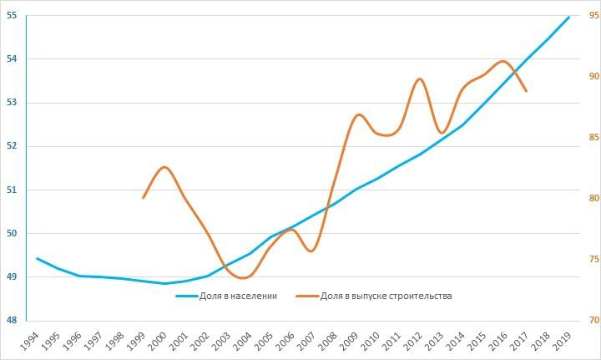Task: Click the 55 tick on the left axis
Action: pyautogui.click(x=12, y=16)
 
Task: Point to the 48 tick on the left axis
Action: pyautogui.click(x=12, y=320)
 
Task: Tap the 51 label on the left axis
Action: pyautogui.click(x=12, y=190)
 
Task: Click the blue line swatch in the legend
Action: pyautogui.click(x=189, y=296)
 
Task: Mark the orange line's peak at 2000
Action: pyautogui.click(x=164, y=167)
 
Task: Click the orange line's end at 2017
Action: pyautogui.click(x=527, y=91)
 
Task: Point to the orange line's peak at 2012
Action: pyautogui.click(x=420, y=79)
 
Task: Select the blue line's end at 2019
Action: pyautogui.click(x=569, y=17)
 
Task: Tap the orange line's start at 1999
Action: pyautogui.click(x=143, y=198)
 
